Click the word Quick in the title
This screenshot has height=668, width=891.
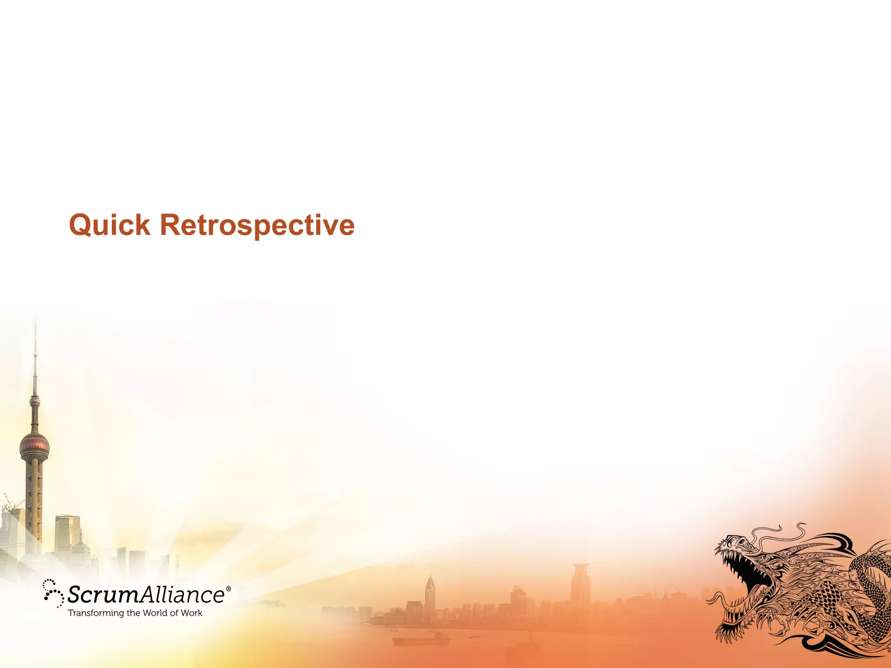point(110,225)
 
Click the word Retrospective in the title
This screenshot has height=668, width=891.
point(257,225)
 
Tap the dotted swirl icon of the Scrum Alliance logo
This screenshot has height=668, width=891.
point(53,593)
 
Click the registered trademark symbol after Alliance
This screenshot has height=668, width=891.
point(228,589)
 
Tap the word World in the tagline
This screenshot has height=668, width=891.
point(155,613)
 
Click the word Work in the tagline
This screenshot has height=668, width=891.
point(192,613)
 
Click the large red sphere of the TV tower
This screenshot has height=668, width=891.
point(34,446)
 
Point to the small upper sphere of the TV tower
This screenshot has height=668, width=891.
point(35,401)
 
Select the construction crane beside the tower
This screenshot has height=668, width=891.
point(10,505)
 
